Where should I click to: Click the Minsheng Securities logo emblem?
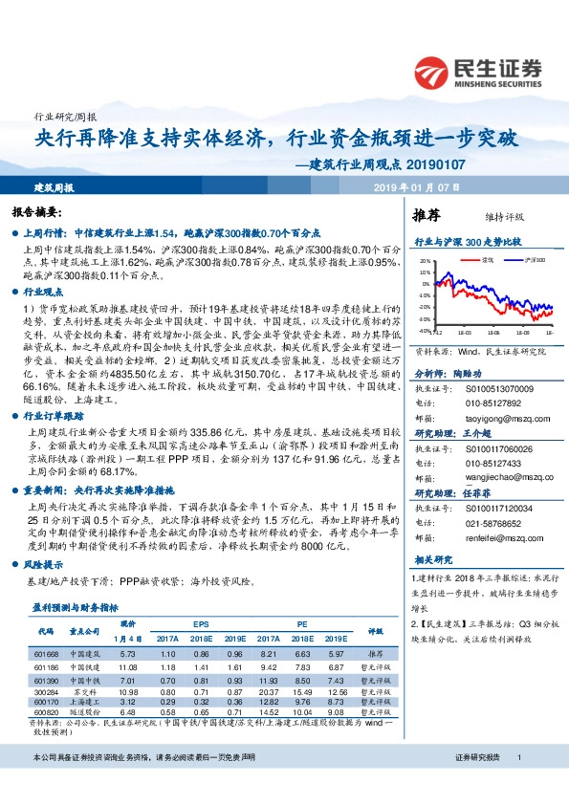434,70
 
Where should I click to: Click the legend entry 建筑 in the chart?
487,259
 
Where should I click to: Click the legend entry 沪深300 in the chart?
534,259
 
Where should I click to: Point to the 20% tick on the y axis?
425,259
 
